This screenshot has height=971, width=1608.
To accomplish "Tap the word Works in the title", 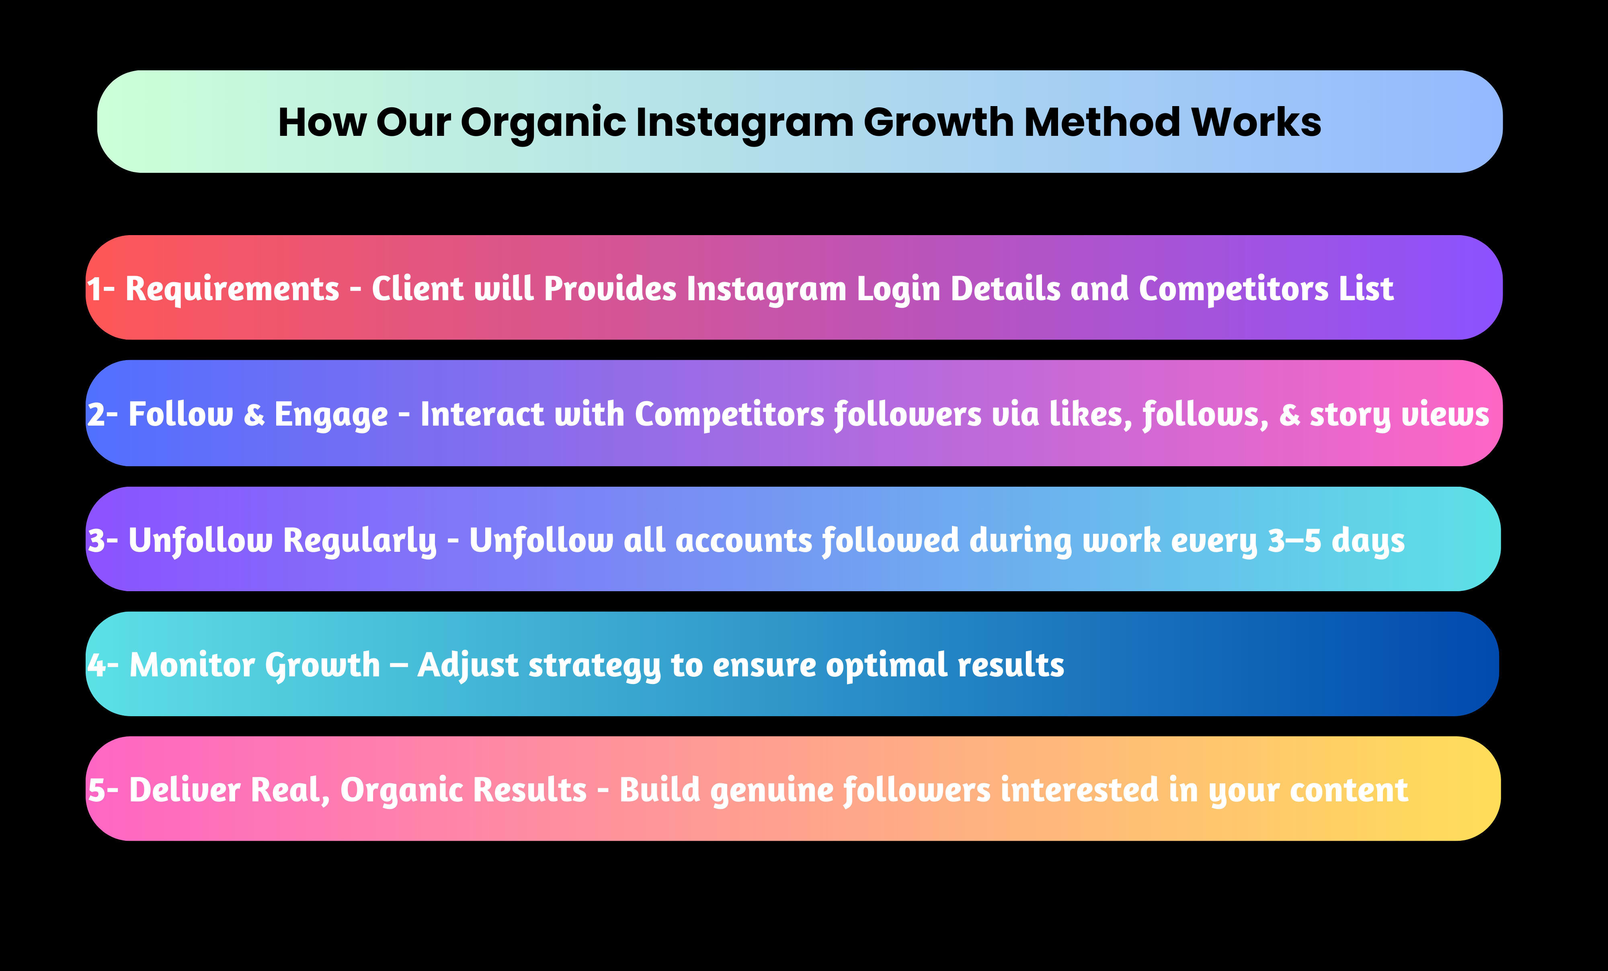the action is (1256, 122).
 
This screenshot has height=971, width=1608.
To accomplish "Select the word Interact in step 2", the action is (482, 414).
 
